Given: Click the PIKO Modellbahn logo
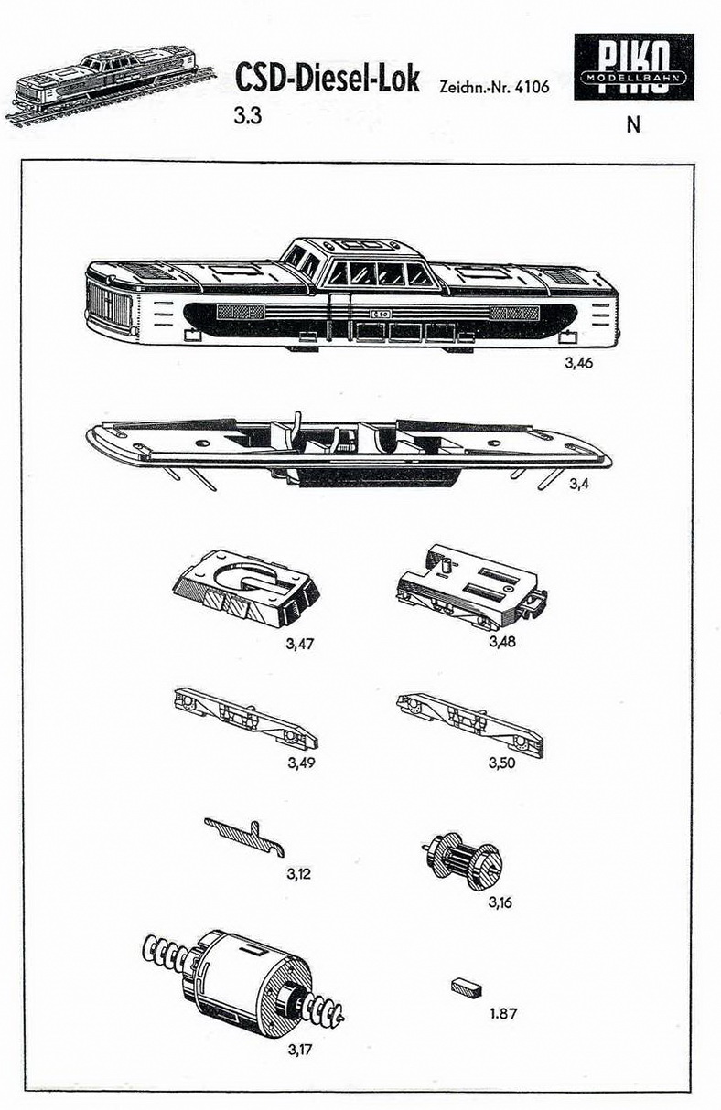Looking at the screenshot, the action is click(633, 67).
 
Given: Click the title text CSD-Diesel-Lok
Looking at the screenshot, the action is click(328, 79).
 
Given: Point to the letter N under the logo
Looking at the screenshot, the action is click(633, 125).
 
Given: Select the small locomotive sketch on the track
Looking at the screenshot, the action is click(112, 87).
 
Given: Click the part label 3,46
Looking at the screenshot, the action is click(578, 363).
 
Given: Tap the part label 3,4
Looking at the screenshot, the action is click(579, 484).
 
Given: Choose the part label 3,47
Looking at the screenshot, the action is click(300, 645).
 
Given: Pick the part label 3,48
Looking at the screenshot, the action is click(502, 641).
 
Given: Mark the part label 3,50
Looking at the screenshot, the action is click(501, 763).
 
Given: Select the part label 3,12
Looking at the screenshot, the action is click(298, 873).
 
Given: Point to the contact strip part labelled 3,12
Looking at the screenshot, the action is click(245, 837).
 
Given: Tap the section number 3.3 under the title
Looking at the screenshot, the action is click(249, 117).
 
